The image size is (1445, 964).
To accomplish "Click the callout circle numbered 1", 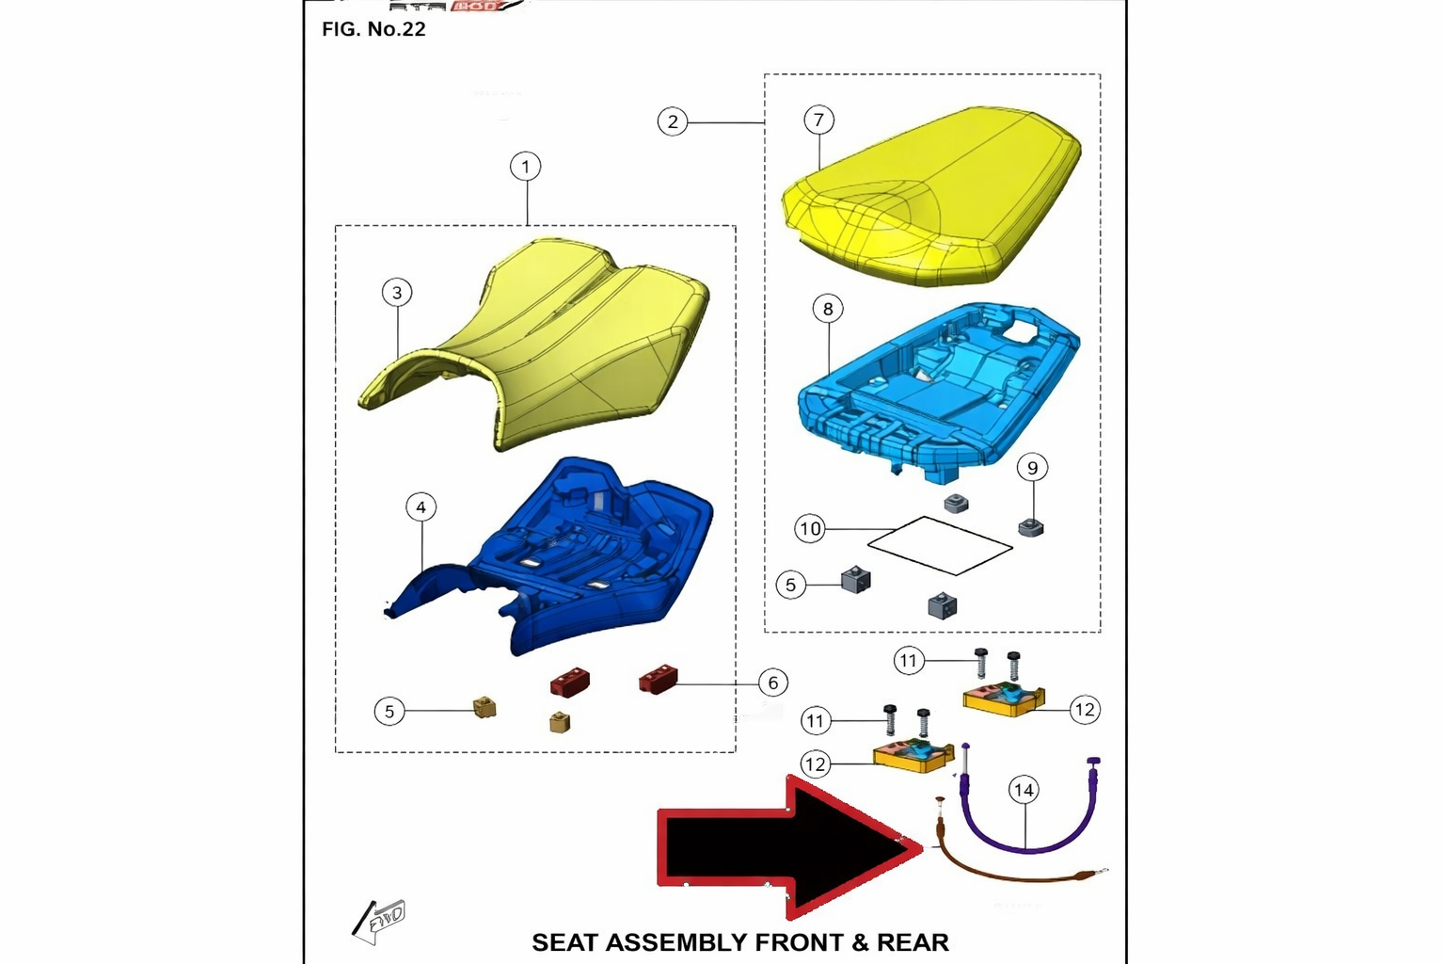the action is pos(526,168).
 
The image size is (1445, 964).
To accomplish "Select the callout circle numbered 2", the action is pos(673,121).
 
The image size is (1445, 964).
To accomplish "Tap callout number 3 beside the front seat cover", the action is pos(397,293).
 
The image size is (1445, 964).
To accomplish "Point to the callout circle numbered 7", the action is pos(818,120).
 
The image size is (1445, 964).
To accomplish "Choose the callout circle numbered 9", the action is pos(1032,468).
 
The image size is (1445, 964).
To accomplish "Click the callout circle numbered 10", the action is pos(810,529).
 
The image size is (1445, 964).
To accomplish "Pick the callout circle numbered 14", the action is pos(1024,790).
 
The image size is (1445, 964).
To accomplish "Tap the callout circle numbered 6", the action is pos(772,683).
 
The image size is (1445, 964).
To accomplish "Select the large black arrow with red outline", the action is pos(790,848).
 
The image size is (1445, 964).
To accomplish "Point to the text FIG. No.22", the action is pos(373,29).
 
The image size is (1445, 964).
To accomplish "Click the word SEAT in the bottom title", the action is pos(564,942).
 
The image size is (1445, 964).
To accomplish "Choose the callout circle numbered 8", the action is pos(828,309).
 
